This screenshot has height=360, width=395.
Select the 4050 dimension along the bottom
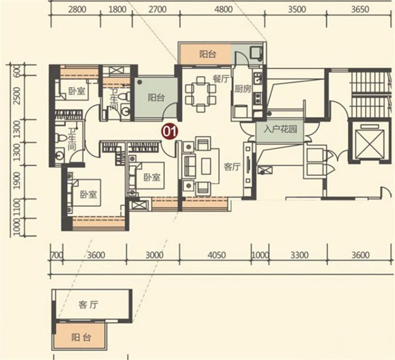pos(216,255)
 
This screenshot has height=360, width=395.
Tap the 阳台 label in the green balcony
pos(156,98)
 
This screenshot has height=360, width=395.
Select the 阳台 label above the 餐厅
pos(207,54)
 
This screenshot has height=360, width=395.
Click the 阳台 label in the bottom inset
pos(81,338)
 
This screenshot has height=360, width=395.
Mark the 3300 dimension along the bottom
pos(299,255)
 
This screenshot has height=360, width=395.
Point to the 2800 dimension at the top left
pos(77,9)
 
